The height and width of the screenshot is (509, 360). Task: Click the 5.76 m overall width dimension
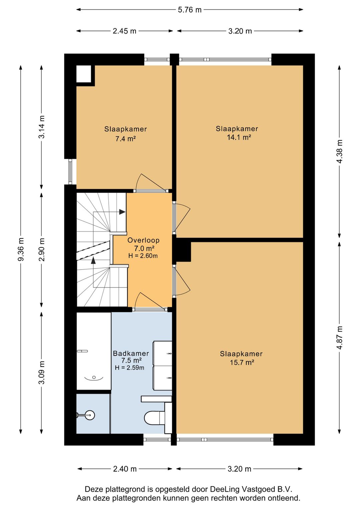(189, 10)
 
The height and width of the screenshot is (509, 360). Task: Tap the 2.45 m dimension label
(124, 31)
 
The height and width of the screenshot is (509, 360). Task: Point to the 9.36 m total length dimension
(21, 249)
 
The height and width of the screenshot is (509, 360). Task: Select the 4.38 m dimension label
(339, 151)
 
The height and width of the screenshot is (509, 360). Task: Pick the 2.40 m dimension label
(125, 469)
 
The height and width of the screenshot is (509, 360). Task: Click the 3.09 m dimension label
(42, 372)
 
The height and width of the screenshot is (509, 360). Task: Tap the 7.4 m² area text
(126, 139)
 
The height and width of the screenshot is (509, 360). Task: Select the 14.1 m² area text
(239, 137)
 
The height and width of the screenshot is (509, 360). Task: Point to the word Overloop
(143, 240)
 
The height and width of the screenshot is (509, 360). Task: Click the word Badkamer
(131, 353)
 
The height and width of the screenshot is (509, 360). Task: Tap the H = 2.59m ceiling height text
(129, 368)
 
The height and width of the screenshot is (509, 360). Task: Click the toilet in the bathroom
(155, 418)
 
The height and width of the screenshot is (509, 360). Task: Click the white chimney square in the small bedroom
(84, 74)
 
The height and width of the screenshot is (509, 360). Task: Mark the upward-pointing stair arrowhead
(93, 260)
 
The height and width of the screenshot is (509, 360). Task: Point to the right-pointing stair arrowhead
(122, 212)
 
